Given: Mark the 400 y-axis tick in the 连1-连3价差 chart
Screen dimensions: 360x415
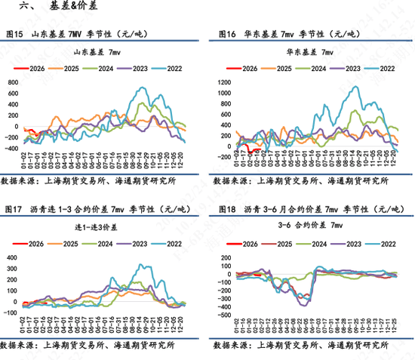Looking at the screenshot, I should coord(14,257).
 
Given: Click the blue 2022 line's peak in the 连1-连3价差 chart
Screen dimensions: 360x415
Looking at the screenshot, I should coord(141,265).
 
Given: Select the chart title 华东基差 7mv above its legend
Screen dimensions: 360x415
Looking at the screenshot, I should coord(311,53).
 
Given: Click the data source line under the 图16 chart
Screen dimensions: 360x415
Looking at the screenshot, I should coord(302,181).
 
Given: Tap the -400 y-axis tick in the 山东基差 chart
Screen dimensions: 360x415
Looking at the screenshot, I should coord(13,147).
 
